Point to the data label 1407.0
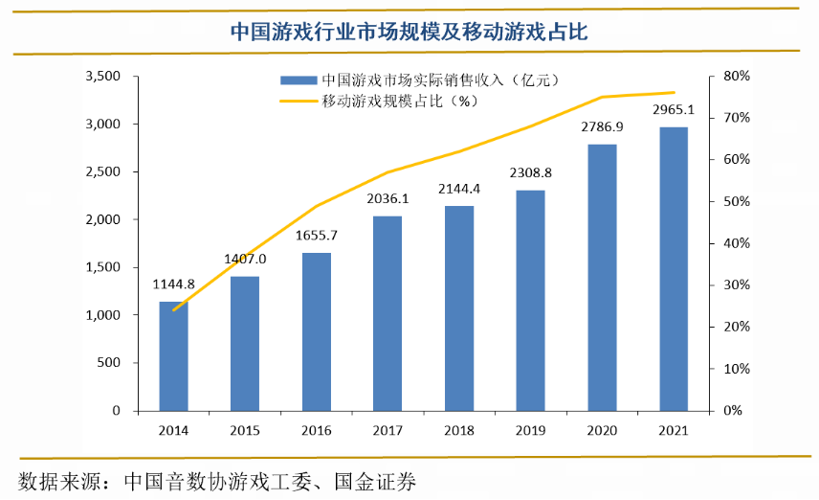[245, 259]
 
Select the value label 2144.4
[459, 188]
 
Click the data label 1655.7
[317, 236]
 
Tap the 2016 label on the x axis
[317, 430]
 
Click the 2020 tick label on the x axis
[602, 430]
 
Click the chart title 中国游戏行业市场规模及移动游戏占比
[409, 32]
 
